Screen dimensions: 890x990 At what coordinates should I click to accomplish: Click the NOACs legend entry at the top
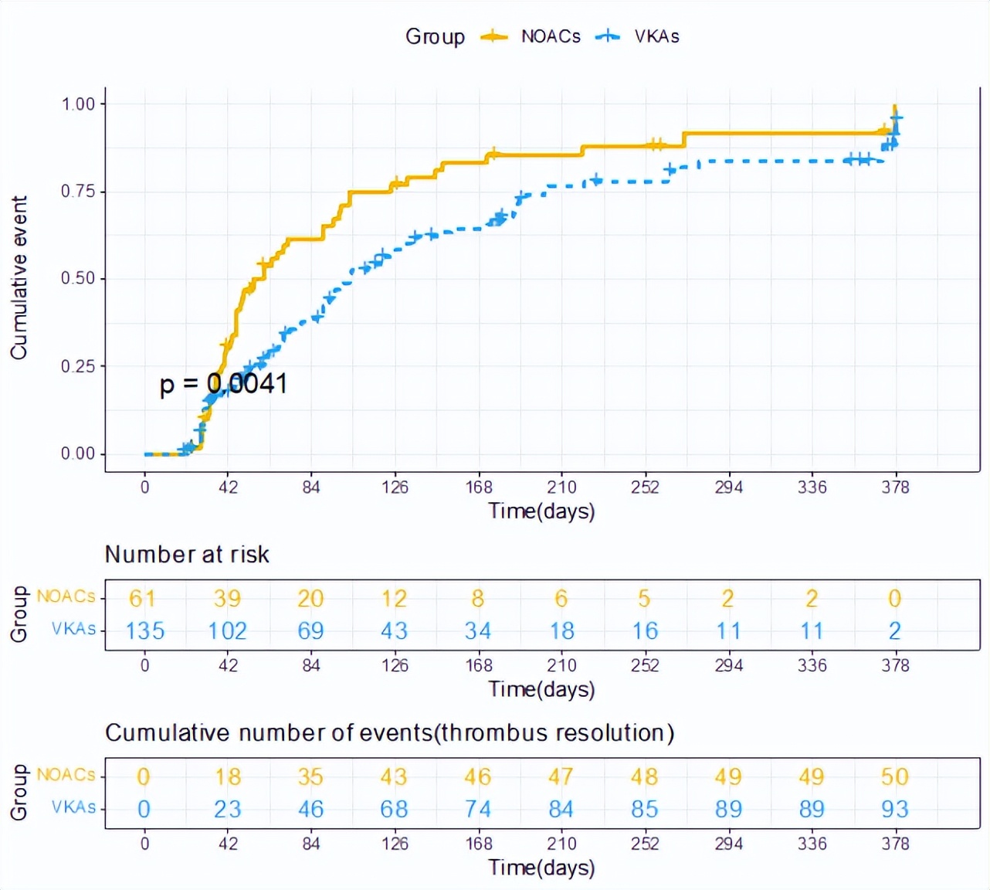point(550,36)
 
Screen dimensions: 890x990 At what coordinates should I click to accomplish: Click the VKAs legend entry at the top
point(656,36)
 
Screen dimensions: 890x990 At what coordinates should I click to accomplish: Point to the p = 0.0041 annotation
point(223,383)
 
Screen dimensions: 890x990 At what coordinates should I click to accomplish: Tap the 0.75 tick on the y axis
point(78,191)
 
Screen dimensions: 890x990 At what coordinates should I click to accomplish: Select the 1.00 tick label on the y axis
point(78,104)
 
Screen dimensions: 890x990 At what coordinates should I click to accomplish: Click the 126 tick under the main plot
point(395,487)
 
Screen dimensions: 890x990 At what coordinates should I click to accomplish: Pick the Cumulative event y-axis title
point(19,277)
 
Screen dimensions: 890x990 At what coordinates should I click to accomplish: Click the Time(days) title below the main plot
point(541,511)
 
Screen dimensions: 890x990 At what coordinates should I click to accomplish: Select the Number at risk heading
point(187,554)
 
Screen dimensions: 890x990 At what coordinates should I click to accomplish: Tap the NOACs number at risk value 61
point(143,598)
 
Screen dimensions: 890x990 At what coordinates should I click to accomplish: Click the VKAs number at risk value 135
point(145,631)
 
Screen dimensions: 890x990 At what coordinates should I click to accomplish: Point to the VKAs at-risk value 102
point(228,631)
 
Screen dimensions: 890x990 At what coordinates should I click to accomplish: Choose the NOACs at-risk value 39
point(228,598)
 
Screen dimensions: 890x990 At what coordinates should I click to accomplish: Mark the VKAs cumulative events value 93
point(895,809)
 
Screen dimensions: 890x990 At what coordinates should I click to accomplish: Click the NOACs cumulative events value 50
point(895,776)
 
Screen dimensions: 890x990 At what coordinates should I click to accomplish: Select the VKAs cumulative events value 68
point(395,809)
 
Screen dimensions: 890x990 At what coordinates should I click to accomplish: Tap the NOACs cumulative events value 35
point(311,776)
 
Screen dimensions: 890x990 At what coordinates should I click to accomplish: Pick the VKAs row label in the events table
point(74,807)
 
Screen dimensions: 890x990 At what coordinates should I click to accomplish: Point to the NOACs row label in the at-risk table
point(66,596)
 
